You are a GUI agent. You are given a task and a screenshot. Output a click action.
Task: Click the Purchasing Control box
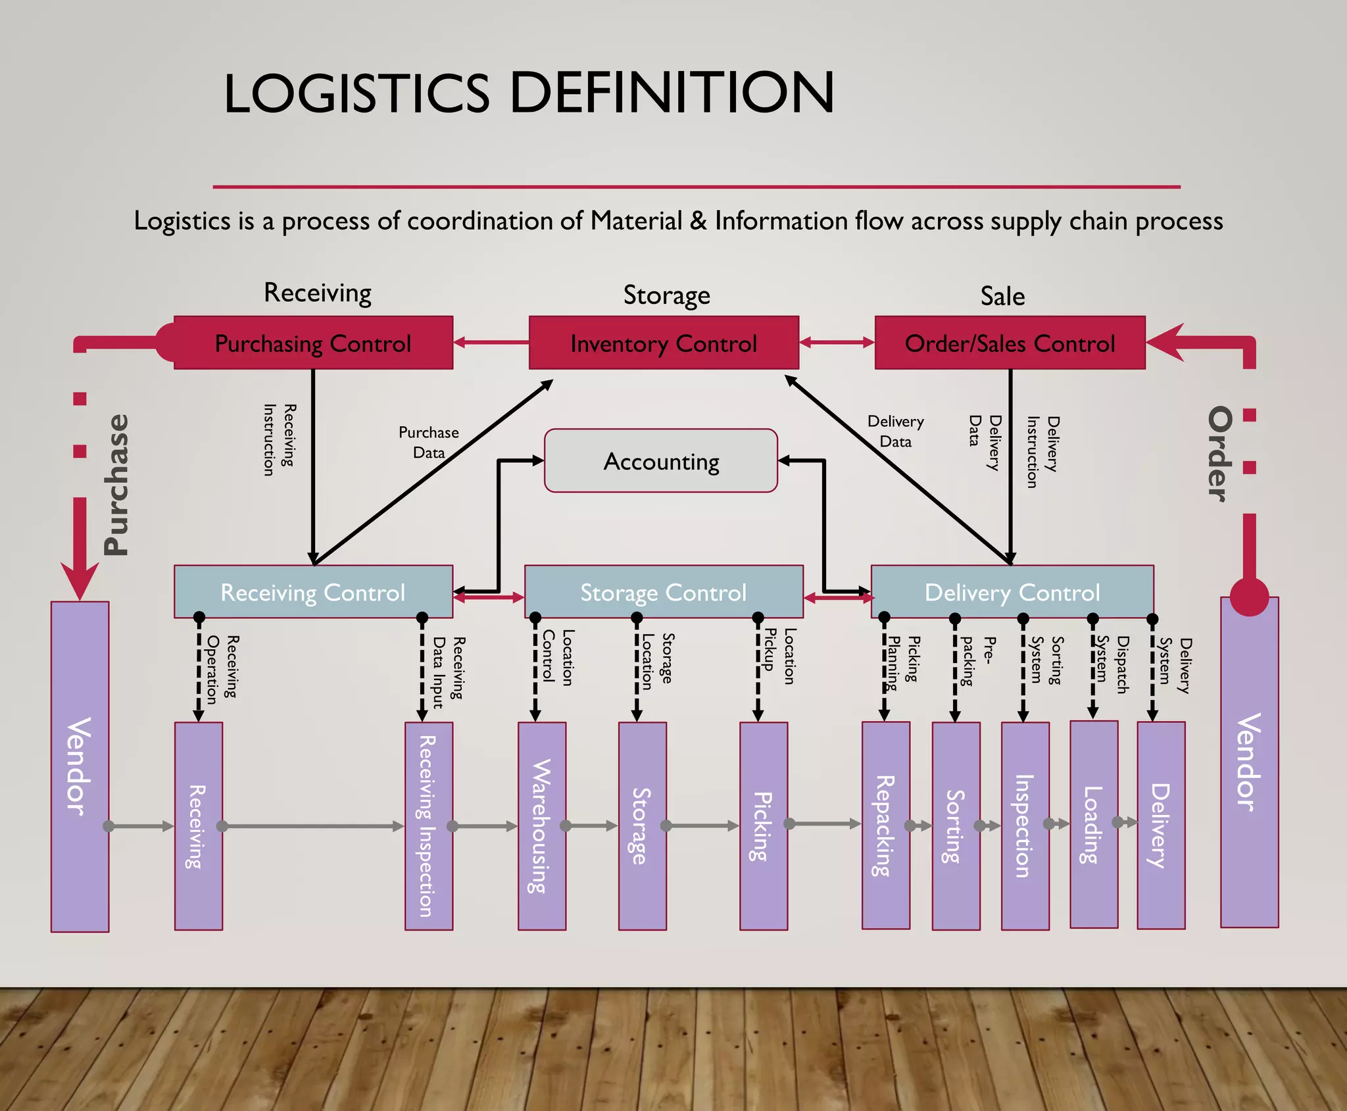(x=313, y=343)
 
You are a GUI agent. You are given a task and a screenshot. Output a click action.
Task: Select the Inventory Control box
(x=664, y=343)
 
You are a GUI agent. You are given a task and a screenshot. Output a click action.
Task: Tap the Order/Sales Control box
(x=1010, y=343)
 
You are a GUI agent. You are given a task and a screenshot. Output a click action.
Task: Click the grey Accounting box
(x=661, y=460)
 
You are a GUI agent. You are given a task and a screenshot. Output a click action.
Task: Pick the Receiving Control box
(x=313, y=591)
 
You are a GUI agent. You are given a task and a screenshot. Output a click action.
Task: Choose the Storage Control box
(x=663, y=591)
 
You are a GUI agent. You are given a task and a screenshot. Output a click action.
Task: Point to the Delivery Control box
(x=1012, y=591)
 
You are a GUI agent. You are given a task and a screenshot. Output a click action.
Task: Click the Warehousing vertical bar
(x=541, y=826)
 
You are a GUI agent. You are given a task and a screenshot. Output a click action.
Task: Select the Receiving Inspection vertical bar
(x=428, y=826)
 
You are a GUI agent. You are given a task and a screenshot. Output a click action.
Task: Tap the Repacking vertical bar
(x=885, y=826)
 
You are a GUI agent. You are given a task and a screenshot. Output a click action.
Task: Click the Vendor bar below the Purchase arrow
(x=80, y=766)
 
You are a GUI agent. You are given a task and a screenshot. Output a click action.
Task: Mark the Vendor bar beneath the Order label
(x=1249, y=763)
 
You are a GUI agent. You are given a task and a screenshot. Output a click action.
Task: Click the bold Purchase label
(x=117, y=485)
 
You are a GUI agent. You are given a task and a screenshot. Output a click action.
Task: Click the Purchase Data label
(x=428, y=442)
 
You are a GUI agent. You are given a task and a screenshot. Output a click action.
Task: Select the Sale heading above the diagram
(x=1002, y=296)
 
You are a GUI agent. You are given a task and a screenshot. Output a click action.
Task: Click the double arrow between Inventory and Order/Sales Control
(x=837, y=342)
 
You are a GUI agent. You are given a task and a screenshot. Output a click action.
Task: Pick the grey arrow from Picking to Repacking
(x=825, y=824)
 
